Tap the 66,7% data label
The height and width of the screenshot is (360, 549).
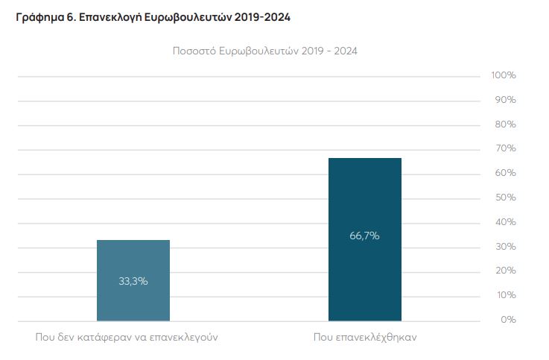pos(364,236)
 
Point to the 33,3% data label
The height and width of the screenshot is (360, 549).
pos(133,281)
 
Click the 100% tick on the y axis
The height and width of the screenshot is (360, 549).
pos(504,76)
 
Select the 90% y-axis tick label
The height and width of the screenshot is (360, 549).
pos(505,100)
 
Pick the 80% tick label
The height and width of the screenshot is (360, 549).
pos(505,124)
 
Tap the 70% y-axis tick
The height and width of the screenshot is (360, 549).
pos(505,149)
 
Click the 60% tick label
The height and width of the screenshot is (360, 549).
pos(505,173)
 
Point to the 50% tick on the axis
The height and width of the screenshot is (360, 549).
pos(505,198)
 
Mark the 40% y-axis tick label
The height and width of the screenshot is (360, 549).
pos(505,222)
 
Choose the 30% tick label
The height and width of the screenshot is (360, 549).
pos(505,247)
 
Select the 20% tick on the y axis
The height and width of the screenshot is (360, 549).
pos(505,271)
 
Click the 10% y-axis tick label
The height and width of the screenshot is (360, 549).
pos(505,295)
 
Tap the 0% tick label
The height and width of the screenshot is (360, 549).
pos(508,320)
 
